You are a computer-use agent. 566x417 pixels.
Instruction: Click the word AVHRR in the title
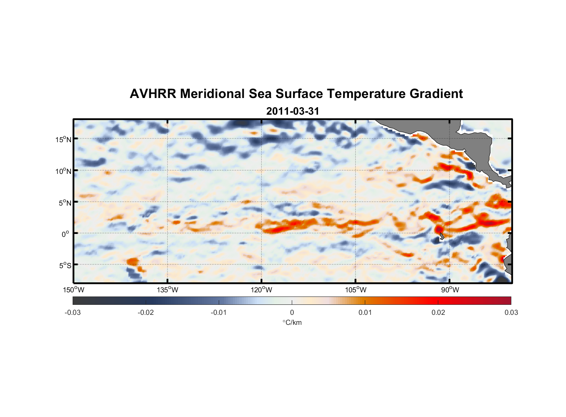point(153,94)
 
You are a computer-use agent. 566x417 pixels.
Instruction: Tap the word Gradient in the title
point(436,94)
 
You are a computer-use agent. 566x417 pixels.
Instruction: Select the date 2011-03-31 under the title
point(293,111)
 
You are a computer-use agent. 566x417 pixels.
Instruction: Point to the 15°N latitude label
point(63,139)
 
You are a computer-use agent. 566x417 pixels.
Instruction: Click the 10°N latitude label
point(63,171)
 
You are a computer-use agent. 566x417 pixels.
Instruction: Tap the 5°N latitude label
point(65,203)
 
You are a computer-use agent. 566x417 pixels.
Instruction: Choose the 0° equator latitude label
point(66,234)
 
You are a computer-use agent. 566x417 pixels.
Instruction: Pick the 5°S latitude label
point(65,266)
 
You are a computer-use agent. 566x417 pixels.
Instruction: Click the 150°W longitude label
point(74,290)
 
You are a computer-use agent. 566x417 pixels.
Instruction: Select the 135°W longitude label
point(168,290)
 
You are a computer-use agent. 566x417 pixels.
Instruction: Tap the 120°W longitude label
point(262,290)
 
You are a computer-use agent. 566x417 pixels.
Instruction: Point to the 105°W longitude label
point(356,290)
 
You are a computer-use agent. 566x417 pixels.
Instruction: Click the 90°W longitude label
point(450,290)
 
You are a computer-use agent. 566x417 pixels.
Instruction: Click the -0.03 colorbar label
point(73,313)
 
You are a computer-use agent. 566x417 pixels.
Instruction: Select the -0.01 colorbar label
point(219,313)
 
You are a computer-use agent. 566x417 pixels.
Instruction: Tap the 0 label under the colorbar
point(292,313)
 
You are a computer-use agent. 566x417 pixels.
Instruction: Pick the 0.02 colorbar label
point(438,313)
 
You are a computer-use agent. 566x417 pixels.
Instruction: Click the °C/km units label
point(292,322)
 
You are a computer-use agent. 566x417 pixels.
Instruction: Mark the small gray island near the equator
point(441,236)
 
